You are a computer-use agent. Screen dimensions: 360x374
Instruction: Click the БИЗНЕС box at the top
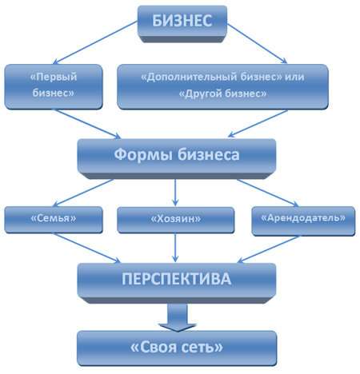tap(182, 24)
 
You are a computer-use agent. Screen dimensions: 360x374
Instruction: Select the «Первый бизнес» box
tap(54, 86)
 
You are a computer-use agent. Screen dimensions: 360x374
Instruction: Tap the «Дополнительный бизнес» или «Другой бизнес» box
tap(222, 86)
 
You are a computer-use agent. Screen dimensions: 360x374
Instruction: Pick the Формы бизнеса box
tap(177, 158)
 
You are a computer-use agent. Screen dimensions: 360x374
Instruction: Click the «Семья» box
tap(54, 220)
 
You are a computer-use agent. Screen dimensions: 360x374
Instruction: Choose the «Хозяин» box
tap(176, 220)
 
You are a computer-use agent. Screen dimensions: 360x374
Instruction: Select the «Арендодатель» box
tap(303, 221)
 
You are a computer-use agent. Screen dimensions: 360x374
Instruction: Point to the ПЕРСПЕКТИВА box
tap(177, 283)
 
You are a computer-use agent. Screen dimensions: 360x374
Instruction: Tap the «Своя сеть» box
tap(177, 348)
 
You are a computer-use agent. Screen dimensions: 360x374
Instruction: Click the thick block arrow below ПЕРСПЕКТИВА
tap(178, 317)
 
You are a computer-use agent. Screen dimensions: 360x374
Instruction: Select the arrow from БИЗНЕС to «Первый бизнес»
tap(95, 43)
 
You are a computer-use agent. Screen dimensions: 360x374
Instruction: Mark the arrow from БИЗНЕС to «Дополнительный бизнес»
tap(257, 44)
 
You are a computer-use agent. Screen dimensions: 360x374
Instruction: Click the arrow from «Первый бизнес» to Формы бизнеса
tap(86, 124)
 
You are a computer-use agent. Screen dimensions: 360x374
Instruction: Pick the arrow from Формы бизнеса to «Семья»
tap(83, 193)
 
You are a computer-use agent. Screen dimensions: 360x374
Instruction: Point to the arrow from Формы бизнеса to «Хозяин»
tap(175, 193)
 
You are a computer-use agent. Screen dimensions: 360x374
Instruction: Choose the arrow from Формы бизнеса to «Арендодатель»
tap(267, 193)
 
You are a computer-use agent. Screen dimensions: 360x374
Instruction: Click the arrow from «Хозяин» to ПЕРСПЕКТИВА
tap(175, 248)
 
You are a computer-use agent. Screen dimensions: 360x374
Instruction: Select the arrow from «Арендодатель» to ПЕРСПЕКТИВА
tap(268, 249)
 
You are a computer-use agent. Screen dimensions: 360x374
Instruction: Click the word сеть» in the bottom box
tap(198, 347)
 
